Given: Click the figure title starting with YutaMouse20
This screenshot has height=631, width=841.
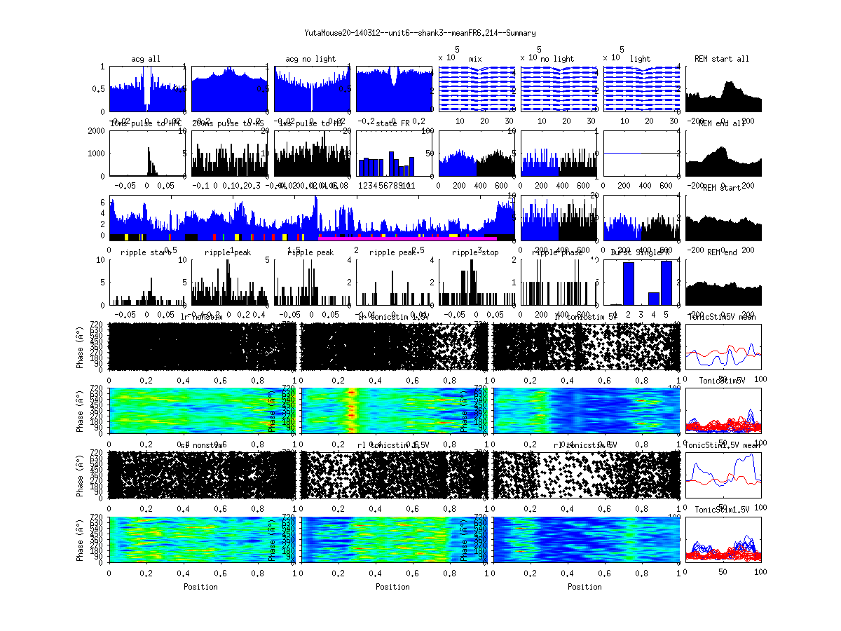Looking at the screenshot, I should (x=420, y=33).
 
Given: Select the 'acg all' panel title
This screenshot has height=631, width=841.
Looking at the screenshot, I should (x=146, y=59).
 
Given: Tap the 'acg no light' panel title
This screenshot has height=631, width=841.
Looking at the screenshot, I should (x=310, y=59).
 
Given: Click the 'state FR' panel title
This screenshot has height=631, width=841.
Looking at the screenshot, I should (x=392, y=123).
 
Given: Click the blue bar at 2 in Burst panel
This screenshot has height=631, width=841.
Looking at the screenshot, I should (x=629, y=283).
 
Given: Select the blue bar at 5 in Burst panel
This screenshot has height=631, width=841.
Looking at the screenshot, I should (x=666, y=283).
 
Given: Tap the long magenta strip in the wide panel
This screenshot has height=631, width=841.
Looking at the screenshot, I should (x=406, y=238).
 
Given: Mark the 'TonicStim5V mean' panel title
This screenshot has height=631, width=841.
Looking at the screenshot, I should (x=724, y=317).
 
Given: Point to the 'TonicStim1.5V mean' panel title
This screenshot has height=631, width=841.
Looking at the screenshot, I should (x=724, y=445).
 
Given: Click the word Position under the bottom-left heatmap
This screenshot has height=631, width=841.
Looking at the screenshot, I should (x=200, y=586).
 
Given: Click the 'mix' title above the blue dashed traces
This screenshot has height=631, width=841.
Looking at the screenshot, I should (x=476, y=59).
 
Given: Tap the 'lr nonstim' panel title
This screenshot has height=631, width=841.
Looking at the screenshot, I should (x=201, y=317).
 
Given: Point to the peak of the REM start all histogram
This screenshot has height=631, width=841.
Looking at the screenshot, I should (x=730, y=83).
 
